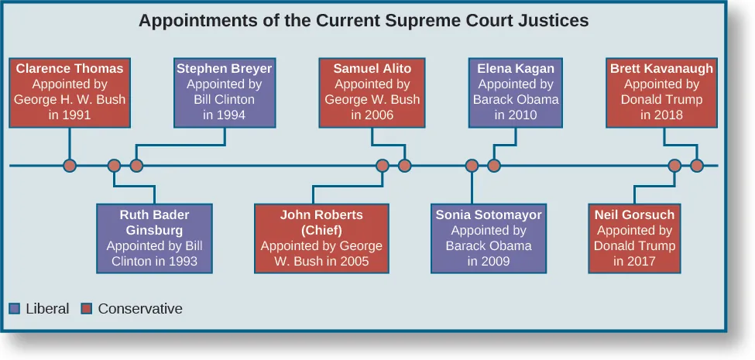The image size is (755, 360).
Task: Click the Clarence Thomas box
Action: coord(70,92)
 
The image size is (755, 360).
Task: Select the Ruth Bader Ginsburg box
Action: coord(155,238)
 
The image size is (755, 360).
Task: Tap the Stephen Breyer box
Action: coord(224,92)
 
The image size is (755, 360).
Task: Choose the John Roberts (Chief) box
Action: coord(321,238)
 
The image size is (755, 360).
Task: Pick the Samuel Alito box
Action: coord(372,92)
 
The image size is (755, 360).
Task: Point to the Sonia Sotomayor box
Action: coord(489,238)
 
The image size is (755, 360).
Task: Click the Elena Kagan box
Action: coord(516,92)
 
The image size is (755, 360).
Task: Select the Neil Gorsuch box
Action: coord(634,238)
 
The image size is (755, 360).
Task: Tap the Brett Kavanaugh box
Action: coord(661,92)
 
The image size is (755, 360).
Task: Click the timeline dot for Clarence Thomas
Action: coord(70,165)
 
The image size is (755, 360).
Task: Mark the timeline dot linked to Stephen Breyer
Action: coord(136,165)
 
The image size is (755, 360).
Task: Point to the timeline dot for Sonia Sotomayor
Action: coord(472,165)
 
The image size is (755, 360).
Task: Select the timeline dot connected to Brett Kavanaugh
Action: coord(697,165)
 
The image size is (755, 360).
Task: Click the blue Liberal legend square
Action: coord(15,308)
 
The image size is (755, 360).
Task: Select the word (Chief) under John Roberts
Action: coord(321,230)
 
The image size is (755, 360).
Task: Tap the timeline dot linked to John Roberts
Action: coord(382,165)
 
